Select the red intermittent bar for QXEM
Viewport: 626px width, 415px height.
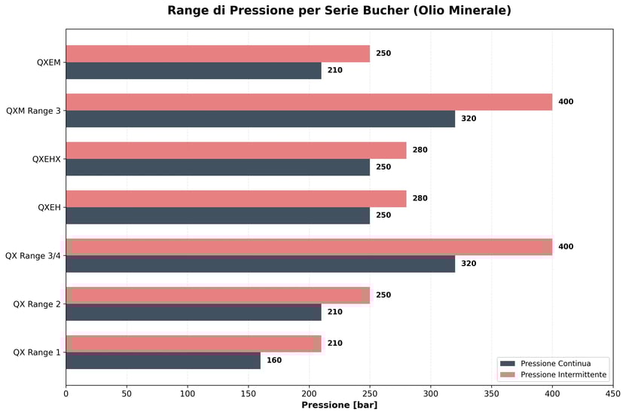click(x=218, y=53)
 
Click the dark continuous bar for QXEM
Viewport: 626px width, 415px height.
click(x=194, y=71)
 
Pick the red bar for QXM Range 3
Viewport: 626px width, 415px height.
click(x=309, y=102)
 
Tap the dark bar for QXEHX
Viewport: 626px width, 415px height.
click(x=218, y=167)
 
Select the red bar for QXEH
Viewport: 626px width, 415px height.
click(x=236, y=199)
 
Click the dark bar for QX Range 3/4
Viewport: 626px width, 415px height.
click(x=260, y=264)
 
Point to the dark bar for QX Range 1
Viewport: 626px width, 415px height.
click(x=163, y=361)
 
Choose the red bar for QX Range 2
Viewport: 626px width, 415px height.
click(x=218, y=295)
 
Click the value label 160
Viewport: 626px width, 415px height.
click(x=274, y=361)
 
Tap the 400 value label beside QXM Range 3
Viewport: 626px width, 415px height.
click(x=566, y=102)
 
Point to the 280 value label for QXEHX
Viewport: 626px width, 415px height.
click(x=420, y=150)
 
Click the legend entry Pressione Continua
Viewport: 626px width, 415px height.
click(x=555, y=363)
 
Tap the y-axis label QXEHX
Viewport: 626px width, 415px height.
click(x=47, y=159)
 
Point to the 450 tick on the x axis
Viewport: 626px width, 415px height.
click(x=613, y=393)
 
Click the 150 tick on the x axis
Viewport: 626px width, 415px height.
click(x=249, y=393)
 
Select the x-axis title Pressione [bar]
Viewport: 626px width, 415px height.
click(x=339, y=405)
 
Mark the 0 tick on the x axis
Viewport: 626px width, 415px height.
click(x=66, y=393)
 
